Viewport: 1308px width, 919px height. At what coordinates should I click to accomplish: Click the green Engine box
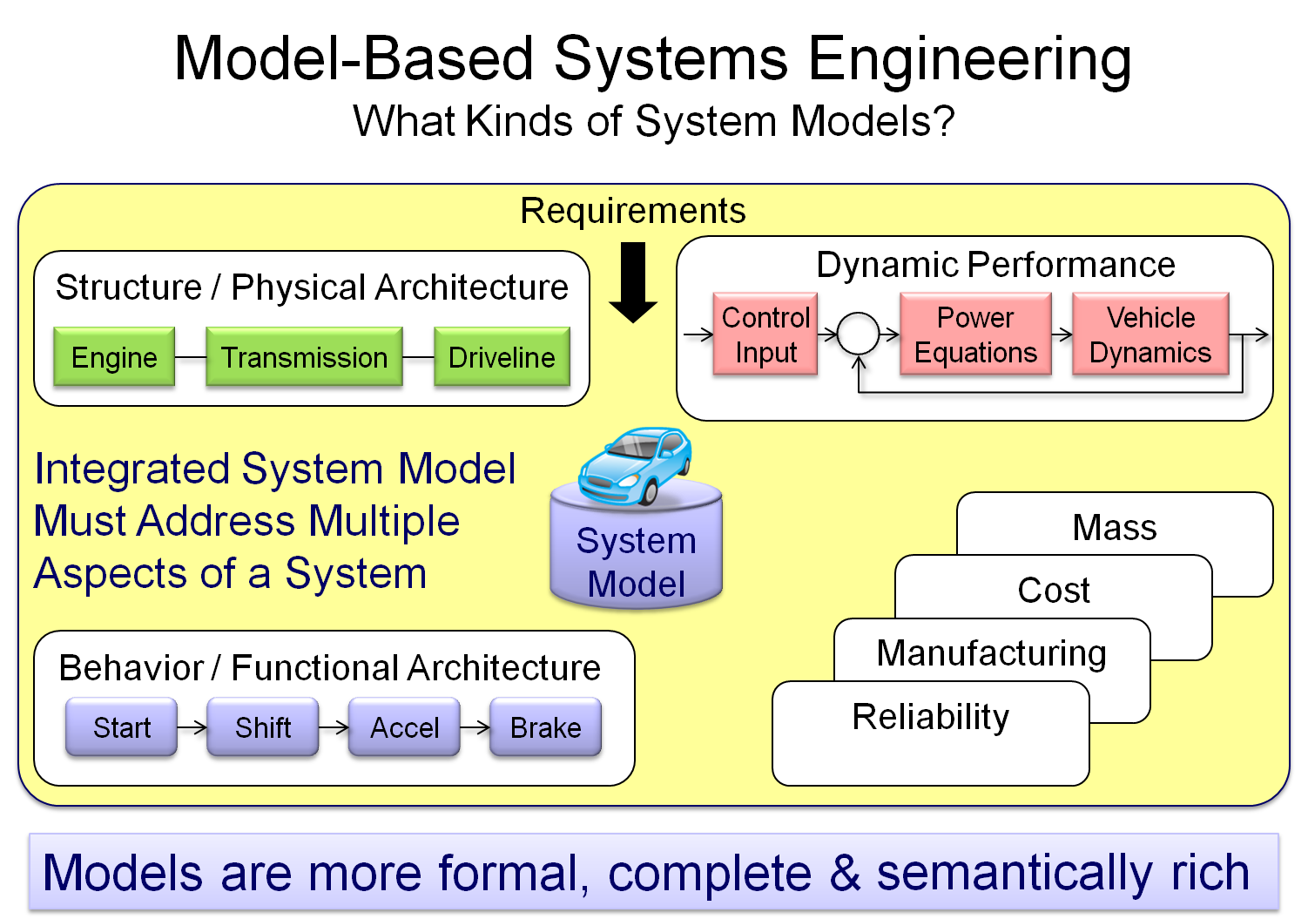tap(114, 357)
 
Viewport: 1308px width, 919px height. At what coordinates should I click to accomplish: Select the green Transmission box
tap(304, 357)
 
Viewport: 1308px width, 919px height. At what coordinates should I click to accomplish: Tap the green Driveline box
tap(502, 357)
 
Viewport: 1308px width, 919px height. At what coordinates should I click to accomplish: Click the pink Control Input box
tap(765, 334)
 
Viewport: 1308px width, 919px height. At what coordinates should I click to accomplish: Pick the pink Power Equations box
tap(975, 334)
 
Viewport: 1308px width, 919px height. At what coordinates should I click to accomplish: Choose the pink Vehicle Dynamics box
tap(1150, 334)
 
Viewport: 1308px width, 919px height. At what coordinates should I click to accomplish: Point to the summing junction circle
tap(859, 334)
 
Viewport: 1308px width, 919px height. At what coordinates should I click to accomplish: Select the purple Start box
tap(122, 727)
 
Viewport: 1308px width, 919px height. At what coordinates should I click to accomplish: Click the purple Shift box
tap(263, 727)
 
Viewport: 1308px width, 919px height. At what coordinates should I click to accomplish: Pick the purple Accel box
tap(404, 727)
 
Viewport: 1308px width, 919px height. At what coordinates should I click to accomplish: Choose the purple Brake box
tap(545, 727)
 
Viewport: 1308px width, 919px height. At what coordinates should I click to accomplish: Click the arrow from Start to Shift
tap(192, 727)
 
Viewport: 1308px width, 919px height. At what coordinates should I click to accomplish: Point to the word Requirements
tap(633, 211)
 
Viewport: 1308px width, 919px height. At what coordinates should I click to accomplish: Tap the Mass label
tap(1115, 528)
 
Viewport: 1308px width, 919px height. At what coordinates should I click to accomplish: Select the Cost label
tap(1054, 591)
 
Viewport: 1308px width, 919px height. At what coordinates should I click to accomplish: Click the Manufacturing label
tap(992, 653)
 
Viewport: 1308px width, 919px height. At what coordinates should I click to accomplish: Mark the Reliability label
tap(931, 717)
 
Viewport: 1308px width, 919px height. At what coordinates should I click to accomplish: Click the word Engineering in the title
tap(969, 59)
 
